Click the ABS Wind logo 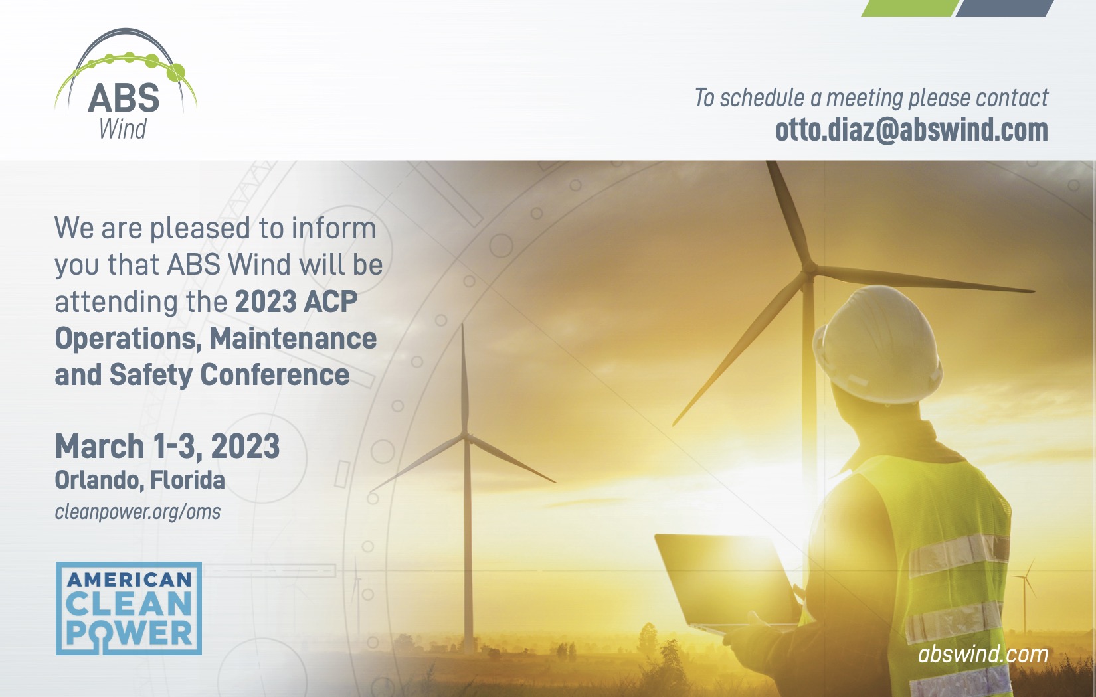(126, 84)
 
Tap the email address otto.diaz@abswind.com (911, 130)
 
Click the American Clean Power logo (129, 608)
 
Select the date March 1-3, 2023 (167, 447)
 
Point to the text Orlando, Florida (140, 481)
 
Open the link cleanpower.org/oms (137, 512)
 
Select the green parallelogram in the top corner (909, 8)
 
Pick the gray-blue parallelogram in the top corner (1004, 8)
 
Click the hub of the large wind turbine (809, 268)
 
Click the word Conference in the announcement (275, 375)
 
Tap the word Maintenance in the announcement (293, 339)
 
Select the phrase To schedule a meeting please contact (871, 98)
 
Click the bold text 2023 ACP (296, 302)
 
